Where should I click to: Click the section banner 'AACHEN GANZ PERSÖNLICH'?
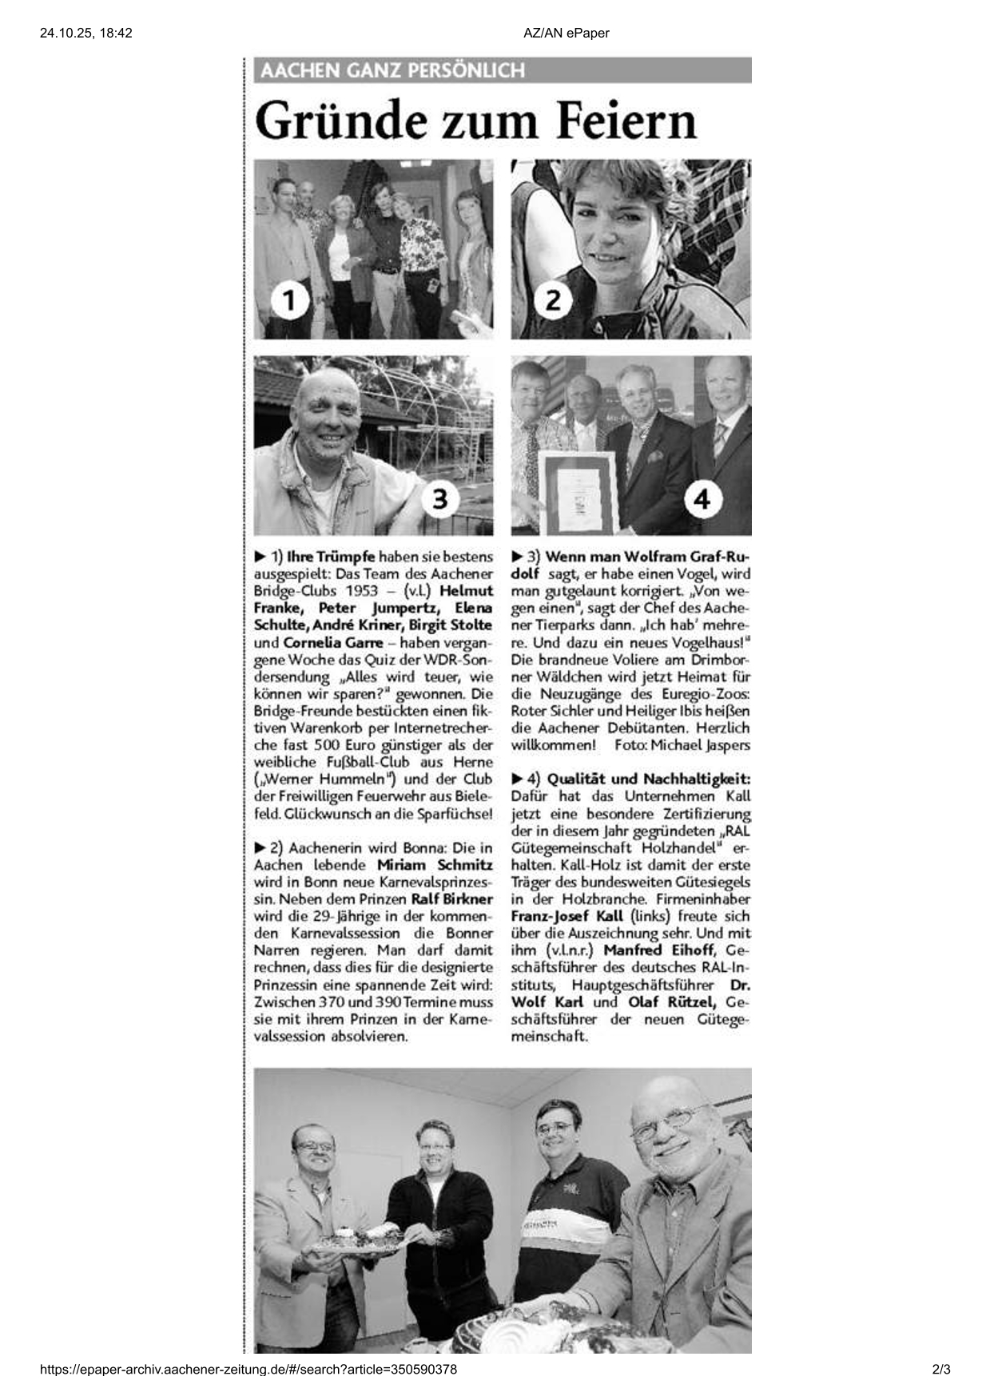(392, 70)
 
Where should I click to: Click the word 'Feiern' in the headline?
(626, 121)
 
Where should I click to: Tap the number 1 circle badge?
(289, 301)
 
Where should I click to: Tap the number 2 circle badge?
(553, 301)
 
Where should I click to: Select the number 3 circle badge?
(440, 499)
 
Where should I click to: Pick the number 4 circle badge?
(702, 499)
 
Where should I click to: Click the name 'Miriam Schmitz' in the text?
(435, 865)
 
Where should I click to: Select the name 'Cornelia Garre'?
(332, 643)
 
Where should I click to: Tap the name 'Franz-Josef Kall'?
(567, 917)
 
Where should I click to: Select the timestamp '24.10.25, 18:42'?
(85, 33)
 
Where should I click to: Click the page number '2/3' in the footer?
(940, 1370)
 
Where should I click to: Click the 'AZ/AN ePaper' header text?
(567, 33)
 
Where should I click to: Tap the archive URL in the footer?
(248, 1370)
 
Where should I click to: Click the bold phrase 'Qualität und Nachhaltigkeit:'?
(649, 779)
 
